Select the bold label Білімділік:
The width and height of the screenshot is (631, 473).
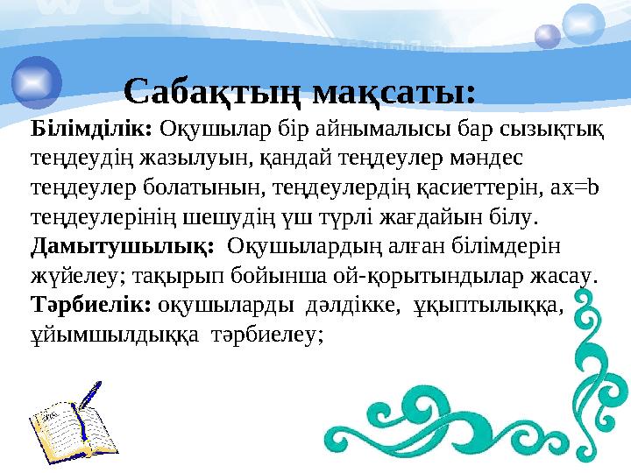[x=92, y=130]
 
